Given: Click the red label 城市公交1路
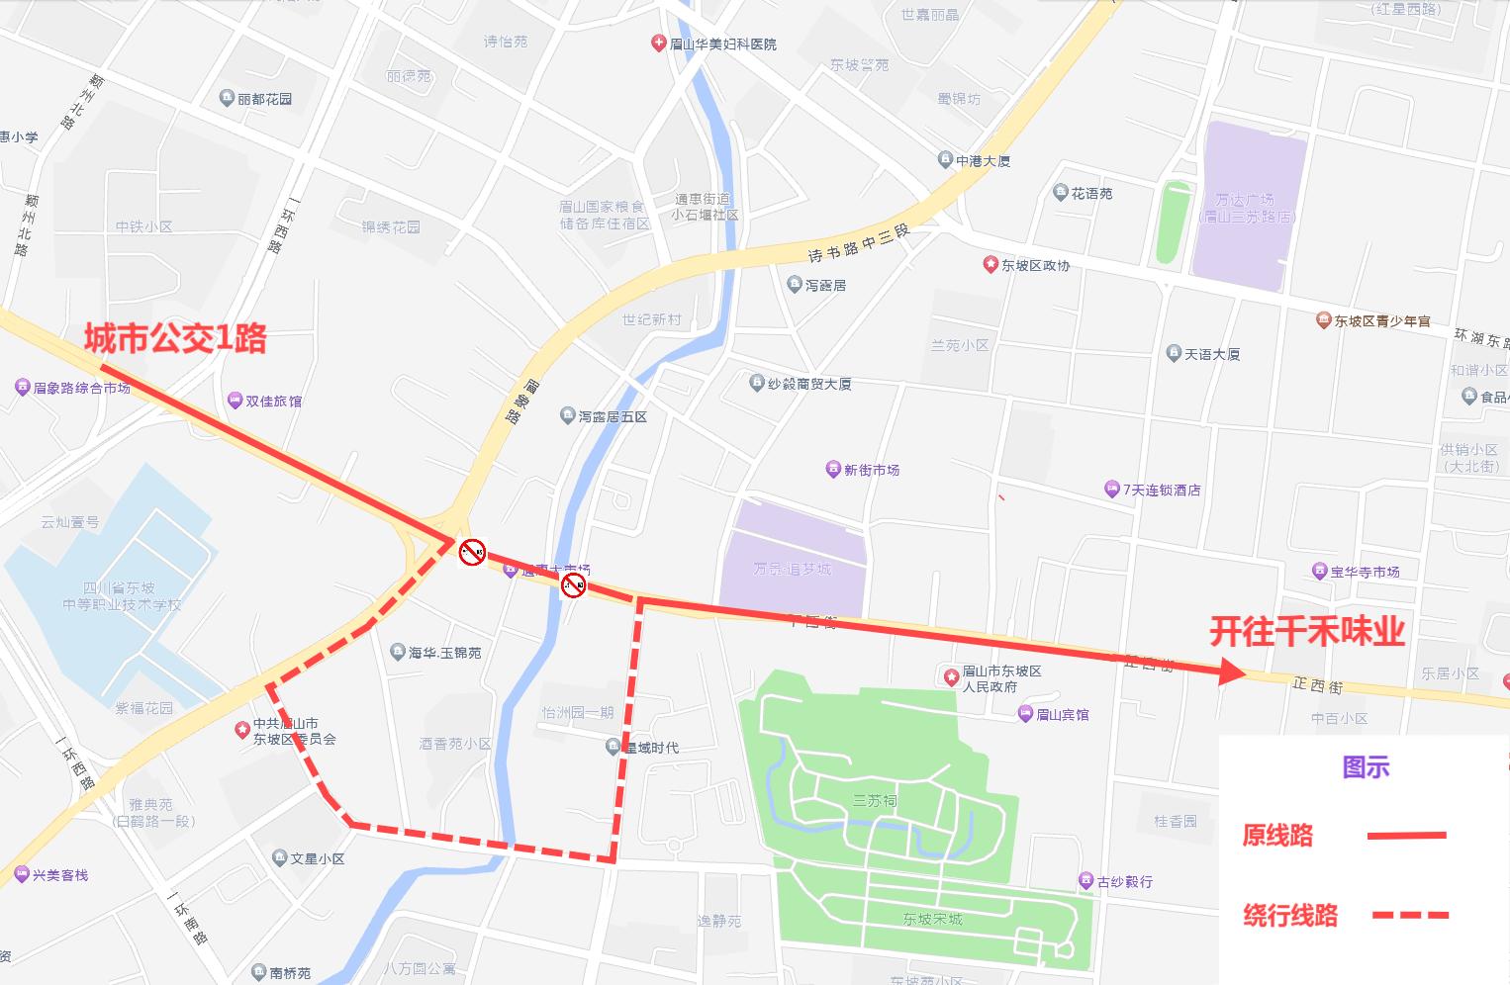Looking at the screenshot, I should click(x=175, y=338).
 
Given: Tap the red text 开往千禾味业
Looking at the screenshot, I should click(x=1306, y=631).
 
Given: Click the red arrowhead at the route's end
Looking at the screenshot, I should click(x=1233, y=672).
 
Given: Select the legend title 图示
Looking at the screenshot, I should click(x=1366, y=766).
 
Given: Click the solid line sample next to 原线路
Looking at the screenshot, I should click(x=1406, y=836).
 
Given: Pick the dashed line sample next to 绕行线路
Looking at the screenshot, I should click(x=1410, y=916).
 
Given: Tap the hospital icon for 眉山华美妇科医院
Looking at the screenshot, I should click(x=658, y=44).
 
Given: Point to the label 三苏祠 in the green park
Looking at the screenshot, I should click(x=875, y=800).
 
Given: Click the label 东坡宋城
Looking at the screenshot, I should click(x=932, y=919).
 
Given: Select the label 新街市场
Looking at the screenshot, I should click(x=871, y=470).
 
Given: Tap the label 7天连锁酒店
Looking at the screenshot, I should click(x=1161, y=490).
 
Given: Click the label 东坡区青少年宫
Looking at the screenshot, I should click(x=1381, y=320).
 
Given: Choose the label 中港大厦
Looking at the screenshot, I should click(x=983, y=160).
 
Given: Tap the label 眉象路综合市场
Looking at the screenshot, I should click(x=81, y=388).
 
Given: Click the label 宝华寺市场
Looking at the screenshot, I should click(x=1365, y=572).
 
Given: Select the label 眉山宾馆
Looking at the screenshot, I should click(x=1062, y=714).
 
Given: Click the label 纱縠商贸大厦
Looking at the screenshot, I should click(x=808, y=384).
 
